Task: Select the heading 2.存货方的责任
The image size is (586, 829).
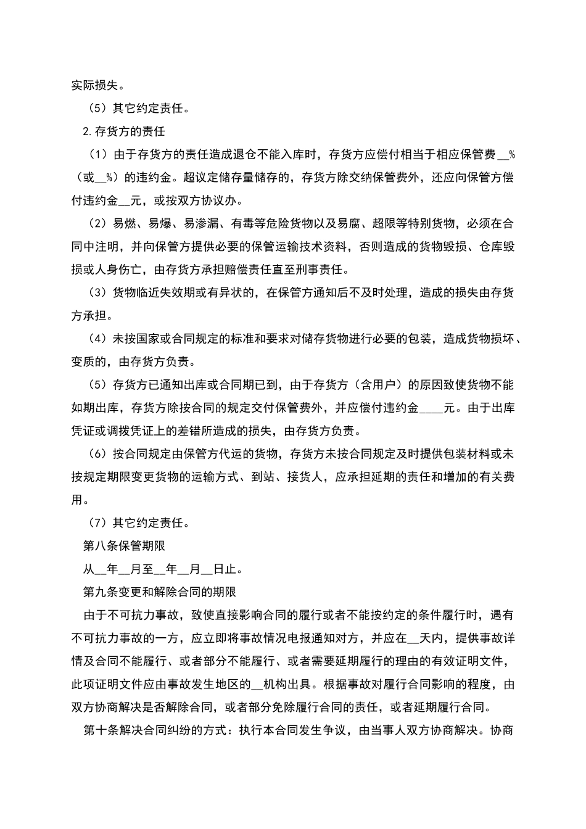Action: pyautogui.click(x=124, y=131)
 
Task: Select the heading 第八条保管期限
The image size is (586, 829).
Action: pyautogui.click(x=124, y=546)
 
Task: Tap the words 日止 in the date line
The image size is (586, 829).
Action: pyautogui.click(x=226, y=569)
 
